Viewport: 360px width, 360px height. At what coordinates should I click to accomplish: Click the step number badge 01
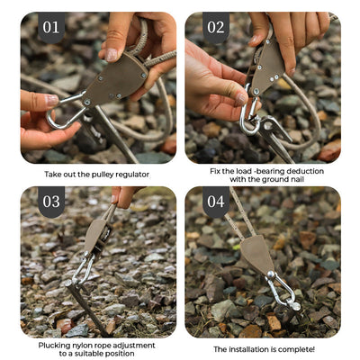click(50, 27)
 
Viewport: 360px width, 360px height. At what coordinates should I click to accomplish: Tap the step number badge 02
click(216, 27)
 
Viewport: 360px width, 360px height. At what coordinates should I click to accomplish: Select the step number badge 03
click(50, 201)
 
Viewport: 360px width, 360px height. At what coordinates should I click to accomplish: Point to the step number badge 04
click(216, 201)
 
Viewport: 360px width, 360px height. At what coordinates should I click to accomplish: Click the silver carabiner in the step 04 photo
click(282, 290)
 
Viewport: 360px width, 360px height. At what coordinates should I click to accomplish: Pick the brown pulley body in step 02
click(268, 67)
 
